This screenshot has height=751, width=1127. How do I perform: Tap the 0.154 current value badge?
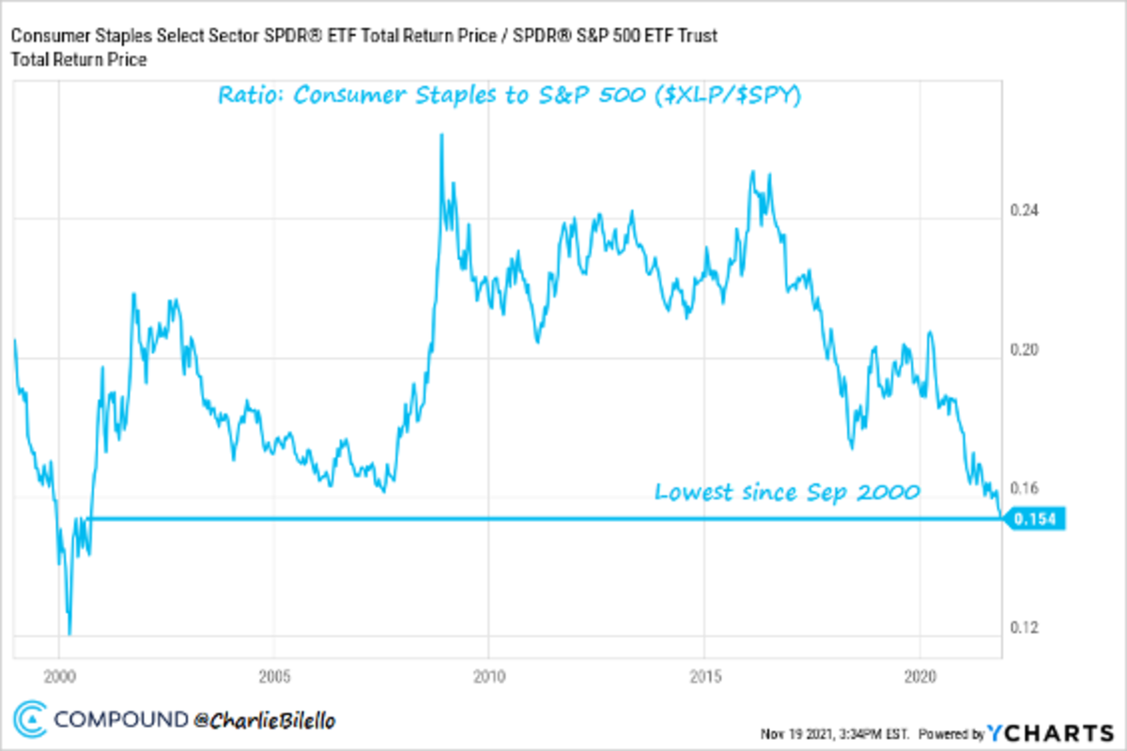pyautogui.click(x=1036, y=519)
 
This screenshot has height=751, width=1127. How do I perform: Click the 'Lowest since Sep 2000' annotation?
pyautogui.click(x=786, y=492)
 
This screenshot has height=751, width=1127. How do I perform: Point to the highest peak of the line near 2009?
pyautogui.click(x=441, y=135)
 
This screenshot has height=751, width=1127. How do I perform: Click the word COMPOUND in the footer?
pyautogui.click(x=120, y=720)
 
